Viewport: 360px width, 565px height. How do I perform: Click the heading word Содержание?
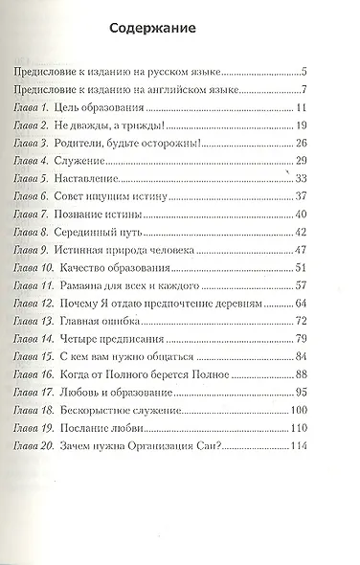point(159,30)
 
